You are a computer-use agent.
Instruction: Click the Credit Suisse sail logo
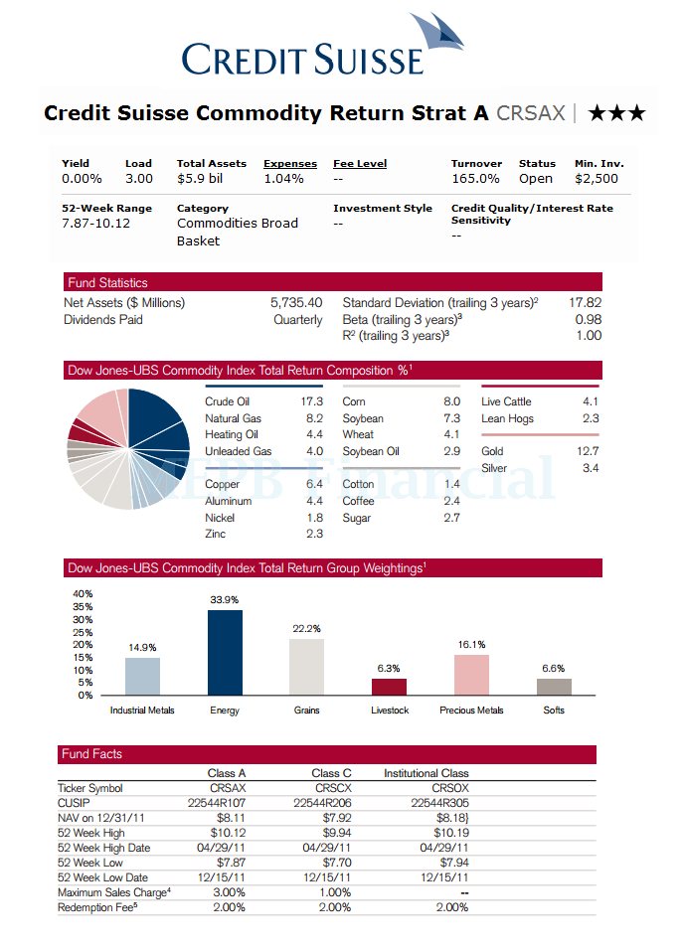(437, 36)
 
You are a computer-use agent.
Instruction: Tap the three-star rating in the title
(616, 113)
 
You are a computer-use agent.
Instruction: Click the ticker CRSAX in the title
(530, 113)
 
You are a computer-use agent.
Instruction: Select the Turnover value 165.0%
(475, 179)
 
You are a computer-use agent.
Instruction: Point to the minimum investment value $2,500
(597, 179)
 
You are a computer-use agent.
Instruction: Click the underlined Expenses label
(290, 164)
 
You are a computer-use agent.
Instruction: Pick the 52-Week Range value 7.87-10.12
(95, 224)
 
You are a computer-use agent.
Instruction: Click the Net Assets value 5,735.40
(296, 303)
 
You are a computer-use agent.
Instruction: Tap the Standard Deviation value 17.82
(585, 303)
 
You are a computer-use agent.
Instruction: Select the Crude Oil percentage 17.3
(311, 402)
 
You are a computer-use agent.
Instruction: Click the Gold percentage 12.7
(590, 452)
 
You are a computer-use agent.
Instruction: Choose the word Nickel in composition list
(220, 518)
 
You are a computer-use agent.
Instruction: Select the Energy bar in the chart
(225, 653)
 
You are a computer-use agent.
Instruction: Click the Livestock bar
(389, 687)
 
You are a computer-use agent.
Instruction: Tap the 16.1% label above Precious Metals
(471, 645)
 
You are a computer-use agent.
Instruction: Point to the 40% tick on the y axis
(84, 594)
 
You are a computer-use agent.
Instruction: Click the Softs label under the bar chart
(554, 711)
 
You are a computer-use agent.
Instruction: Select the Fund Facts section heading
(90, 754)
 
